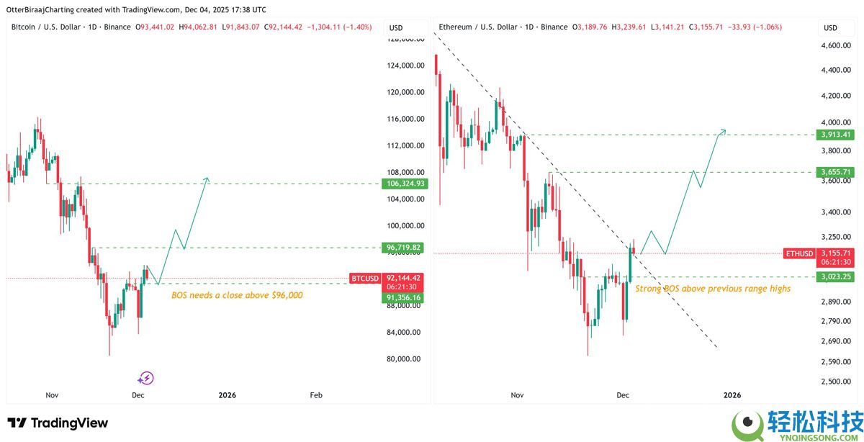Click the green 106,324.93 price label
406,184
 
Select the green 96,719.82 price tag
406,248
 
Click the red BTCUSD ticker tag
364,278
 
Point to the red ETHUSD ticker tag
799,253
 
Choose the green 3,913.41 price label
836,134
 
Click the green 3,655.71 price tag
836,172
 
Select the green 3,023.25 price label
836,276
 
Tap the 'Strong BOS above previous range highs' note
713,289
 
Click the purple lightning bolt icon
146,378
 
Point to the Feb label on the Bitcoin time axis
315,395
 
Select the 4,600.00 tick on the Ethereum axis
836,45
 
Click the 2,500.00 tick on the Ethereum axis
836,382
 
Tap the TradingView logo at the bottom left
58,423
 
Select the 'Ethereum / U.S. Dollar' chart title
477,27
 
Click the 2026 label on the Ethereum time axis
732,395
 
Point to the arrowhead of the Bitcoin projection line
207,179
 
